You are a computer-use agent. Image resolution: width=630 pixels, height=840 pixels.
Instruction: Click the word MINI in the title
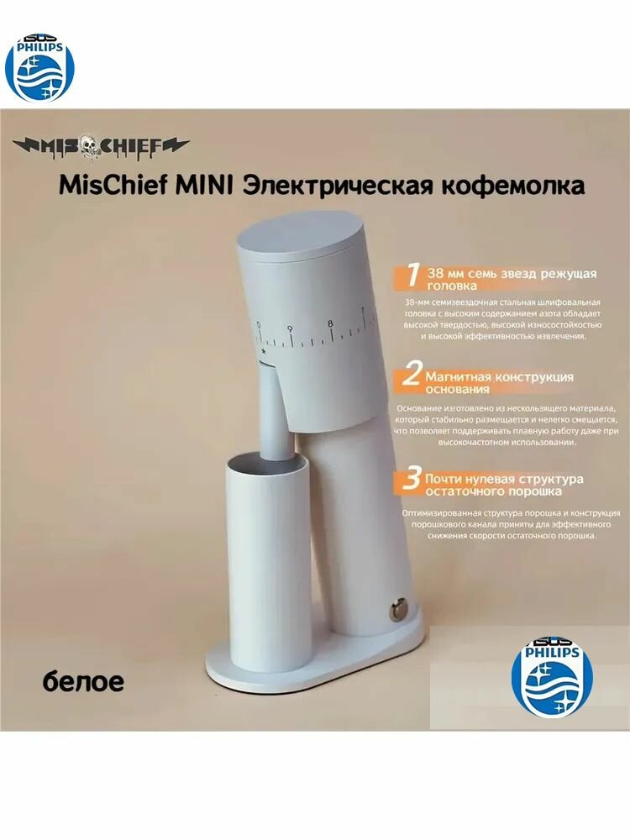(x=206, y=184)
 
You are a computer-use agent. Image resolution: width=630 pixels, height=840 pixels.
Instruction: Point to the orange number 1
(x=412, y=276)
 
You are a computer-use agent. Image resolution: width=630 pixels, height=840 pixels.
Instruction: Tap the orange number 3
(x=411, y=480)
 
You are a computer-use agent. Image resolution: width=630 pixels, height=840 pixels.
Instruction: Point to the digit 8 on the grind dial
(x=329, y=323)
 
